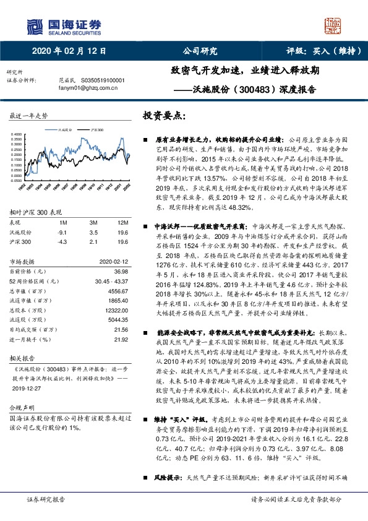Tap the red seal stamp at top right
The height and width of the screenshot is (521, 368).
pyautogui.click(x=332, y=25)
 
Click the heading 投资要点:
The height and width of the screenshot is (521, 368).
pyautogui.click(x=164, y=116)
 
